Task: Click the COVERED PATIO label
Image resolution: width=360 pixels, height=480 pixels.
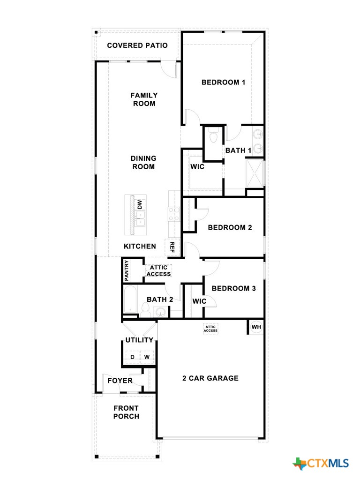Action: [137, 45]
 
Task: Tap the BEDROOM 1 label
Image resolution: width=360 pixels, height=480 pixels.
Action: [223, 82]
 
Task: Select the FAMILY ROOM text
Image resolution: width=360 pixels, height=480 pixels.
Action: [144, 99]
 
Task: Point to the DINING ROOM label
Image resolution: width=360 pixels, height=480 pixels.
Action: [143, 163]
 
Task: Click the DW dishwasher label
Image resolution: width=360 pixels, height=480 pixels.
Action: [139, 204]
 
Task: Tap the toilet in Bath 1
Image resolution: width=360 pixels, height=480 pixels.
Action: [214, 136]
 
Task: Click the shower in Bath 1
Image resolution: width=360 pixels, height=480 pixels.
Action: [255, 173]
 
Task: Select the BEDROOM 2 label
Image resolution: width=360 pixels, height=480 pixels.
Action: [230, 227]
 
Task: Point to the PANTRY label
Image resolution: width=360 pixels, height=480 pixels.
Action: [126, 271]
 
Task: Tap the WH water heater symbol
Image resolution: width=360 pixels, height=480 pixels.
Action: [256, 327]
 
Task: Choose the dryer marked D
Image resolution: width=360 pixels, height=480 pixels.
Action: [132, 357]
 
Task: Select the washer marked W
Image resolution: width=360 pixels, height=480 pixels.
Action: [147, 357]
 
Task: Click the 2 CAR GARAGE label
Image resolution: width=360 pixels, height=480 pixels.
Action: [210, 378]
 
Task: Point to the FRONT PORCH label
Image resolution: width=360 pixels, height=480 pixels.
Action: [126, 412]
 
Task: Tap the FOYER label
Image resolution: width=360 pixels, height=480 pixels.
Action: [120, 381]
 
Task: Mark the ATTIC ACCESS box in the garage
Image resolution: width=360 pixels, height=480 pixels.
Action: [210, 328]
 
